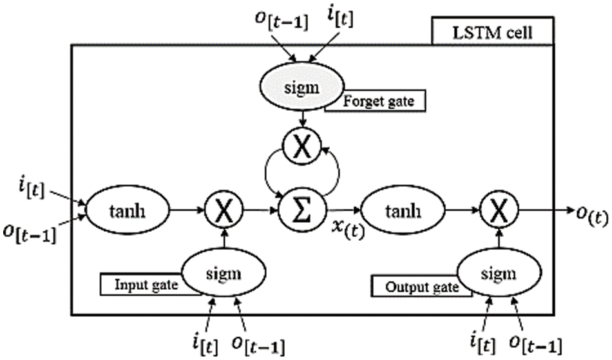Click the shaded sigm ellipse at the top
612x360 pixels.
(302, 86)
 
